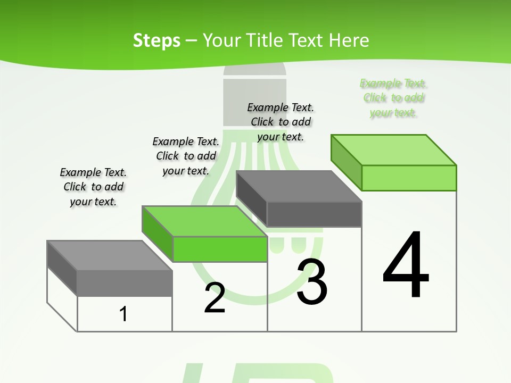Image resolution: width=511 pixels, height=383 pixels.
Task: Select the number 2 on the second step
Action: [x=215, y=298]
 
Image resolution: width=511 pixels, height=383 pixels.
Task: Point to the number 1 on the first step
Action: [x=123, y=314]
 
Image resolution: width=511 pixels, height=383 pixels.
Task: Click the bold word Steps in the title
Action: [x=156, y=40]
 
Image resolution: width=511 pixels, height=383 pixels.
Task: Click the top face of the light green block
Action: [x=394, y=149]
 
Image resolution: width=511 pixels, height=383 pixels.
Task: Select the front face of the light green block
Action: [x=409, y=178]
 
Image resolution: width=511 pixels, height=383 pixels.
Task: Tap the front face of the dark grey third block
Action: [x=314, y=214]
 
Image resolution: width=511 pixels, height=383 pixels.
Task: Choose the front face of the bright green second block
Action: [x=220, y=249]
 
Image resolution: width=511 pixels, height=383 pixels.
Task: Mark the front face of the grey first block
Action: [x=125, y=283]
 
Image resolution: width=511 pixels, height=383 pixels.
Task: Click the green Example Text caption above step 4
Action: [x=393, y=98]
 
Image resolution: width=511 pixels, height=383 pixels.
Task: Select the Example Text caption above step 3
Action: [x=281, y=122]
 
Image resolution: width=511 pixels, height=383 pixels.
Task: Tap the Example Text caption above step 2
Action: [x=186, y=156]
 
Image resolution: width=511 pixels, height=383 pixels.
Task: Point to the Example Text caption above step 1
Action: [x=93, y=187]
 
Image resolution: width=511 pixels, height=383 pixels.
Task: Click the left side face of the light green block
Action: [x=347, y=162]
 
